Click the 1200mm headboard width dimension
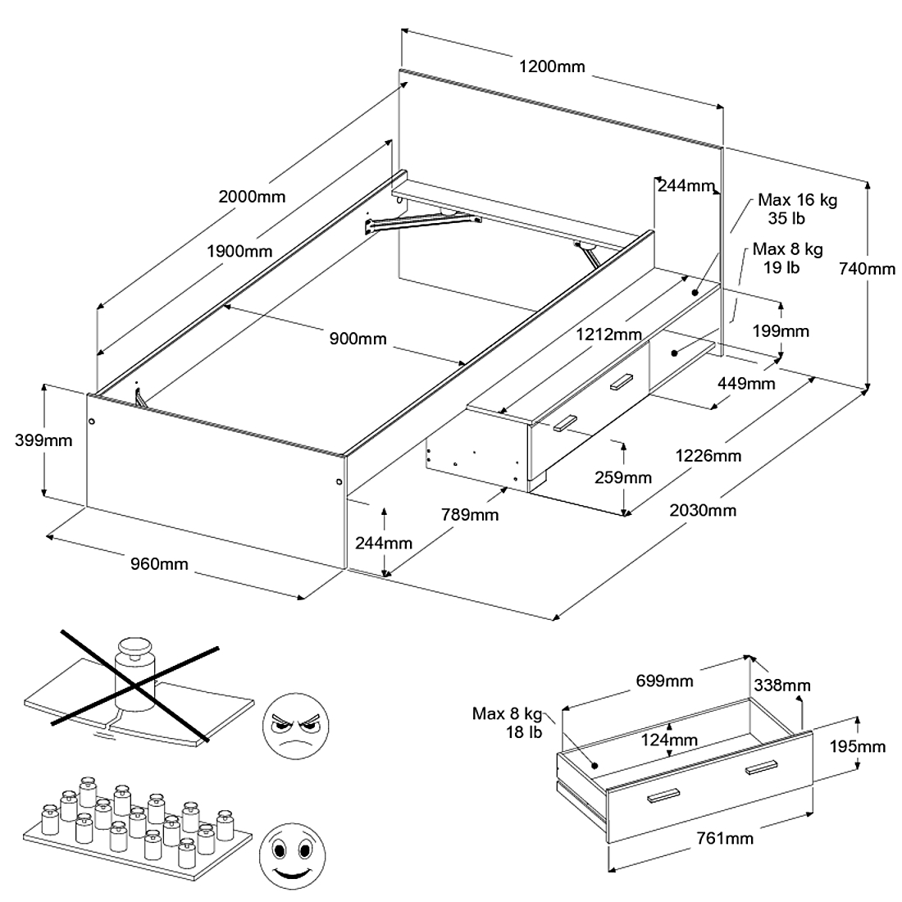click(552, 66)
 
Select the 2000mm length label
click(252, 196)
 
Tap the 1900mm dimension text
click(239, 251)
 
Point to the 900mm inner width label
click(358, 338)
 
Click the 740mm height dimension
click(868, 268)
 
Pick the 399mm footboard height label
click(43, 440)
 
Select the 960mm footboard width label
click(159, 563)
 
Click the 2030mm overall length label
click(703, 510)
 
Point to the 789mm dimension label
click(470, 514)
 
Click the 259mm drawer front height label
click(623, 477)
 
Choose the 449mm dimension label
click(746, 383)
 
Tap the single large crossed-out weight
click(134, 674)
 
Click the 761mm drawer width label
click(725, 837)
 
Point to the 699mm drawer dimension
click(664, 681)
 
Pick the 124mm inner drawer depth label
click(669, 740)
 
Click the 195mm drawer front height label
click(858, 746)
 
